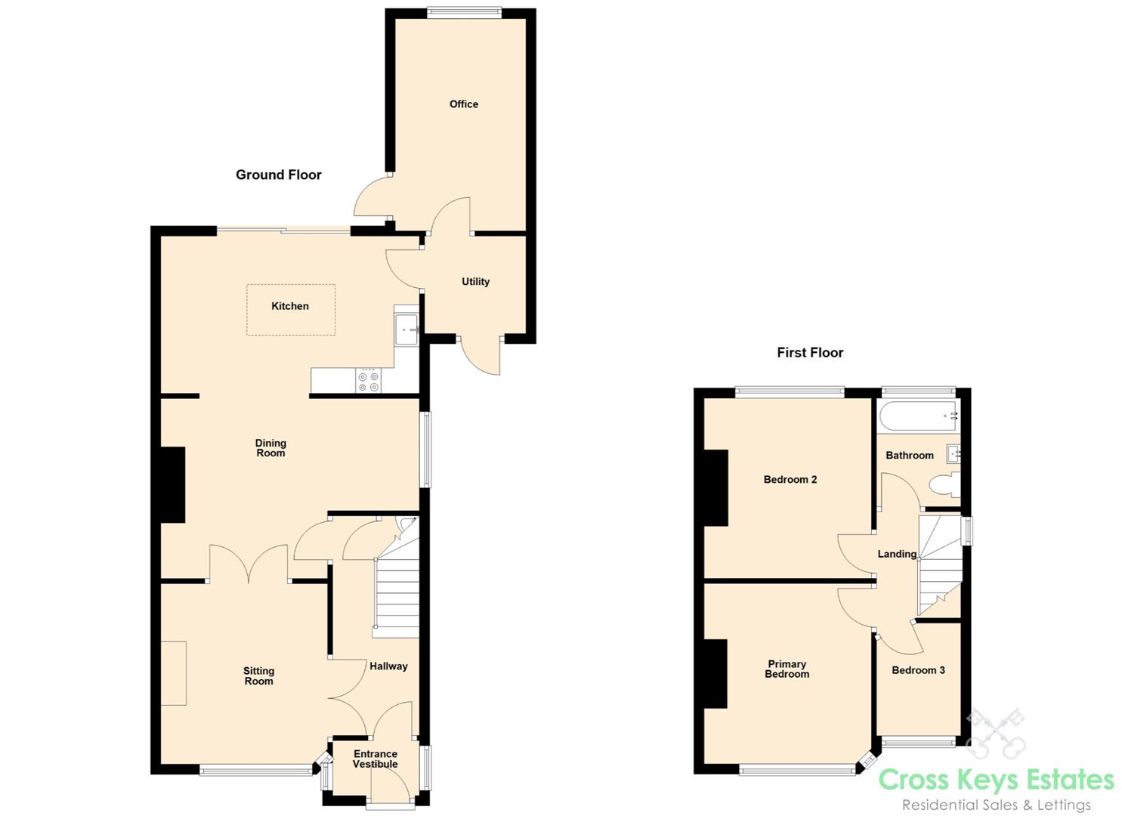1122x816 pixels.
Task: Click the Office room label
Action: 463,104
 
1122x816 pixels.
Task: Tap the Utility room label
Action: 475,282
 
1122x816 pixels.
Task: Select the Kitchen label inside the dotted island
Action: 290,306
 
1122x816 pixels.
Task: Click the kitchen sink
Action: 406,330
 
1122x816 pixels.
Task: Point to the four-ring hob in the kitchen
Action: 369,381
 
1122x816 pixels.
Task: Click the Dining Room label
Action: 270,448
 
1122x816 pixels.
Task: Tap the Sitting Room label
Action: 258,675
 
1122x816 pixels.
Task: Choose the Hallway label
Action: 388,666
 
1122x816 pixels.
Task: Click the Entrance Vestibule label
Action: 376,759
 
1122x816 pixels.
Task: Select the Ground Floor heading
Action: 279,175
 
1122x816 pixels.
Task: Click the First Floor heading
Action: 810,352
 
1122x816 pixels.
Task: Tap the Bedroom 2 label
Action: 790,479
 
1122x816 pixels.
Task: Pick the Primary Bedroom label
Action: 787,669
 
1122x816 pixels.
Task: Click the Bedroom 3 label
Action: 918,670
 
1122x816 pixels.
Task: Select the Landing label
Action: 897,554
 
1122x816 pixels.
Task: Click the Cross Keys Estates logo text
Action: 996,779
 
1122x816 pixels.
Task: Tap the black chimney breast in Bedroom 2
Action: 716,487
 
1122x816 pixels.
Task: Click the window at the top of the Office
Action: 464,12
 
